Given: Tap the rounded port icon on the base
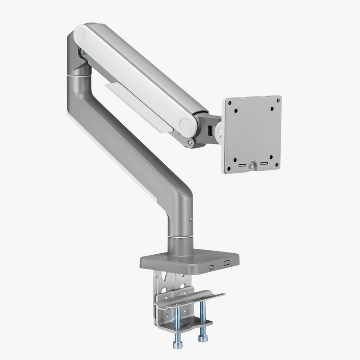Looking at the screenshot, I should (212, 265).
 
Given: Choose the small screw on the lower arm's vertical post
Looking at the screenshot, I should (191, 219).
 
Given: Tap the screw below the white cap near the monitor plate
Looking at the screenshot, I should (189, 144).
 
